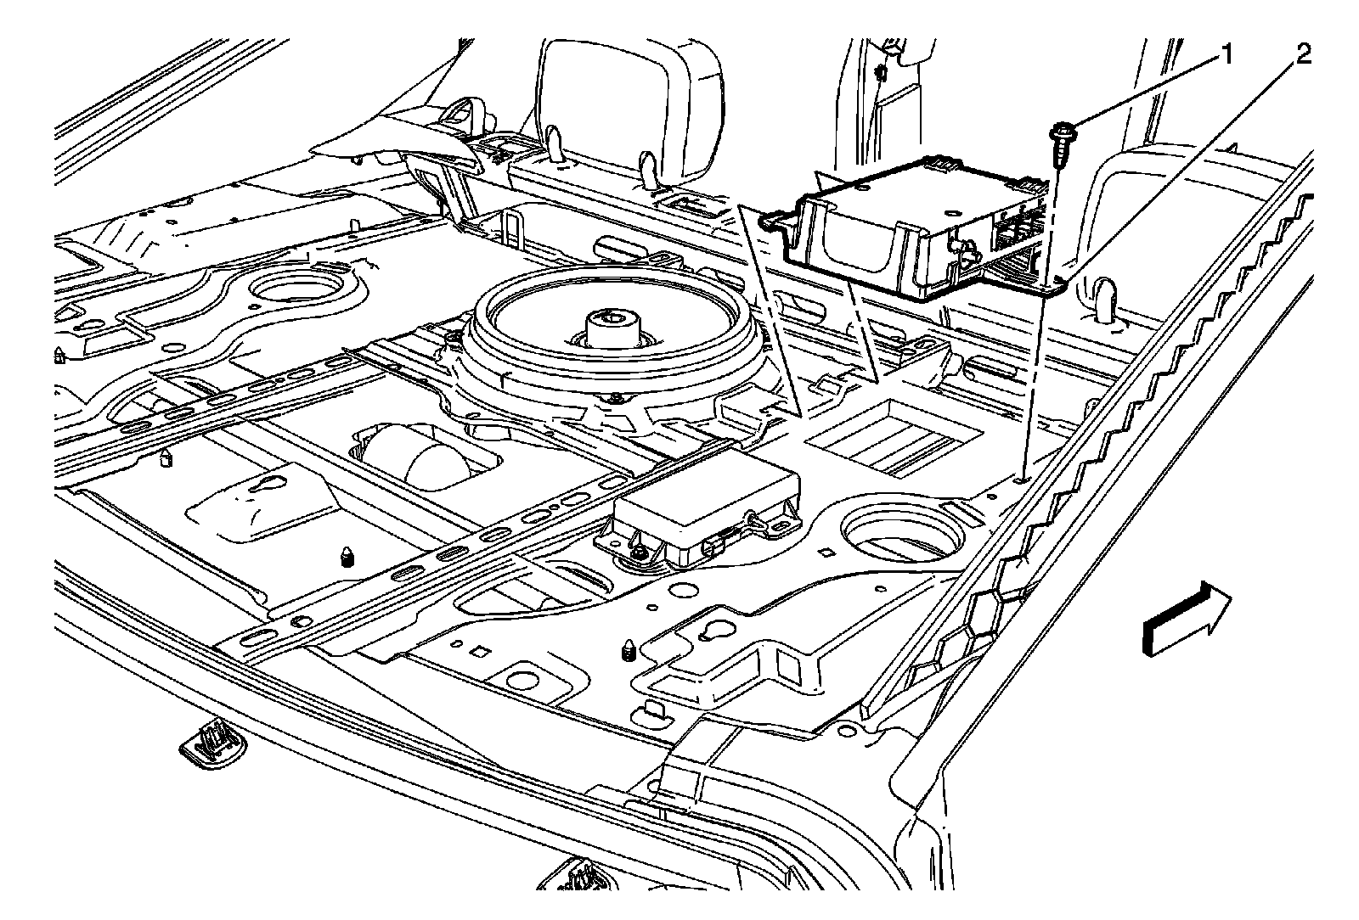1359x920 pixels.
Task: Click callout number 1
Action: pos(1226,57)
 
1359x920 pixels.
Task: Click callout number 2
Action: pos(1302,56)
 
